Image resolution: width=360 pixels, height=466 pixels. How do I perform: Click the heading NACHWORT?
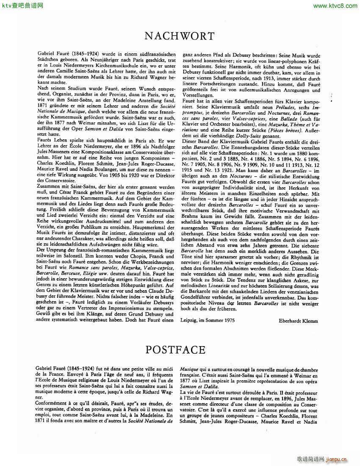180,36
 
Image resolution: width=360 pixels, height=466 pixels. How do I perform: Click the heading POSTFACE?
175,350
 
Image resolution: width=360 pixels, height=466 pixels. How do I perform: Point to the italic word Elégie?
86,274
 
